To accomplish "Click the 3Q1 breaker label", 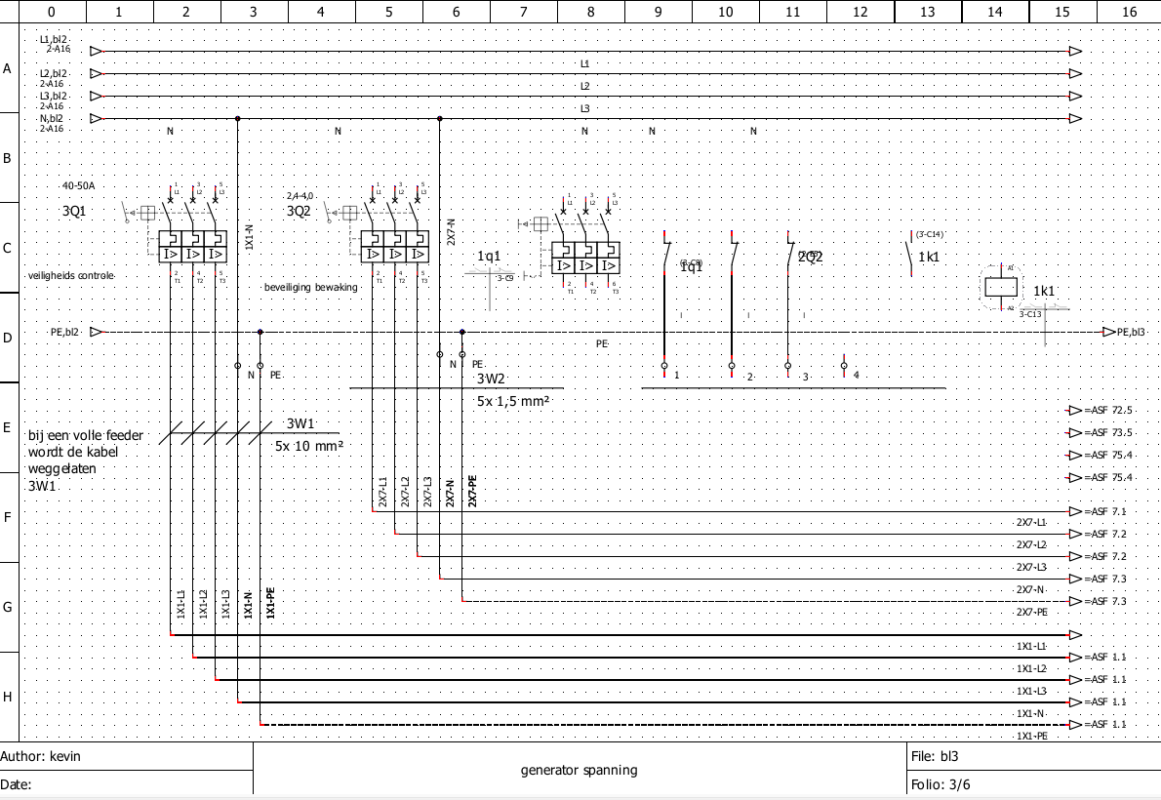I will pyautogui.click(x=74, y=210).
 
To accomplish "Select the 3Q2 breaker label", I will pyautogui.click(x=299, y=210).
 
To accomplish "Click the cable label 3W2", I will pyautogui.click(x=491, y=379).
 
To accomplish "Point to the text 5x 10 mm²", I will pyautogui.click(x=311, y=445).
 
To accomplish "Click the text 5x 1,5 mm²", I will pyautogui.click(x=513, y=401).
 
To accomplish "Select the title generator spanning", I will pyautogui.click(x=579, y=770).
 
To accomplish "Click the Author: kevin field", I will pyautogui.click(x=41, y=756).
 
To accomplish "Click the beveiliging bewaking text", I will pyautogui.click(x=311, y=288).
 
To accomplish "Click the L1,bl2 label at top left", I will pyautogui.click(x=53, y=40).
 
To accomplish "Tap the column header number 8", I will pyautogui.click(x=590, y=12).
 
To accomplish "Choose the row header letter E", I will pyautogui.click(x=8, y=427).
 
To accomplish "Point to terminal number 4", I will pyautogui.click(x=856, y=376).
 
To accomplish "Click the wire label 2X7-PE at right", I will pyautogui.click(x=1031, y=612).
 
